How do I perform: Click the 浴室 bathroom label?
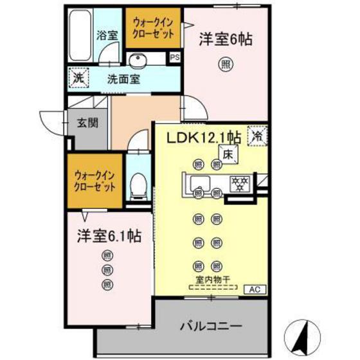[x=107, y=35]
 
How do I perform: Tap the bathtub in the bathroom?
[x=80, y=33]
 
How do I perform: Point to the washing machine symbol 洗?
[x=76, y=78]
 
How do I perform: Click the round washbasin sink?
[x=137, y=61]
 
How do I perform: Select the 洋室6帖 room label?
[x=224, y=39]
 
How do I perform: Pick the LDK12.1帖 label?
[x=204, y=138]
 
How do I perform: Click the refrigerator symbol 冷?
[x=256, y=136]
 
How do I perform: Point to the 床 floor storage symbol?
[x=228, y=154]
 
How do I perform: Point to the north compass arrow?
[x=306, y=333]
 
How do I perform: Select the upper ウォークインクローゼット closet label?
[x=154, y=28]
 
